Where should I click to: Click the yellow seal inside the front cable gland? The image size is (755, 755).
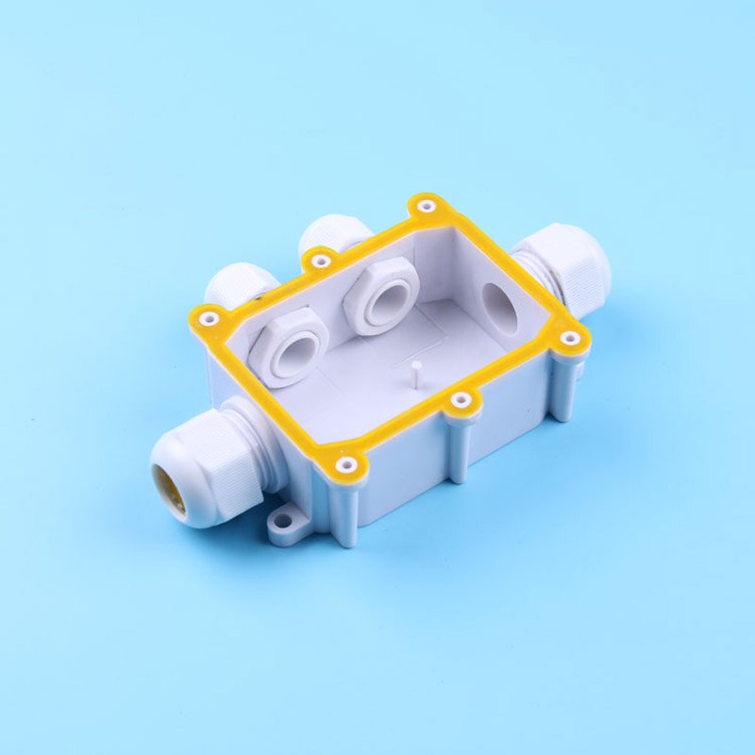click(x=172, y=481)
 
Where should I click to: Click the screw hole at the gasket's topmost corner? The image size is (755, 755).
click(x=426, y=205)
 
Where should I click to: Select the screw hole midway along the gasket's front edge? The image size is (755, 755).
click(x=461, y=400)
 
